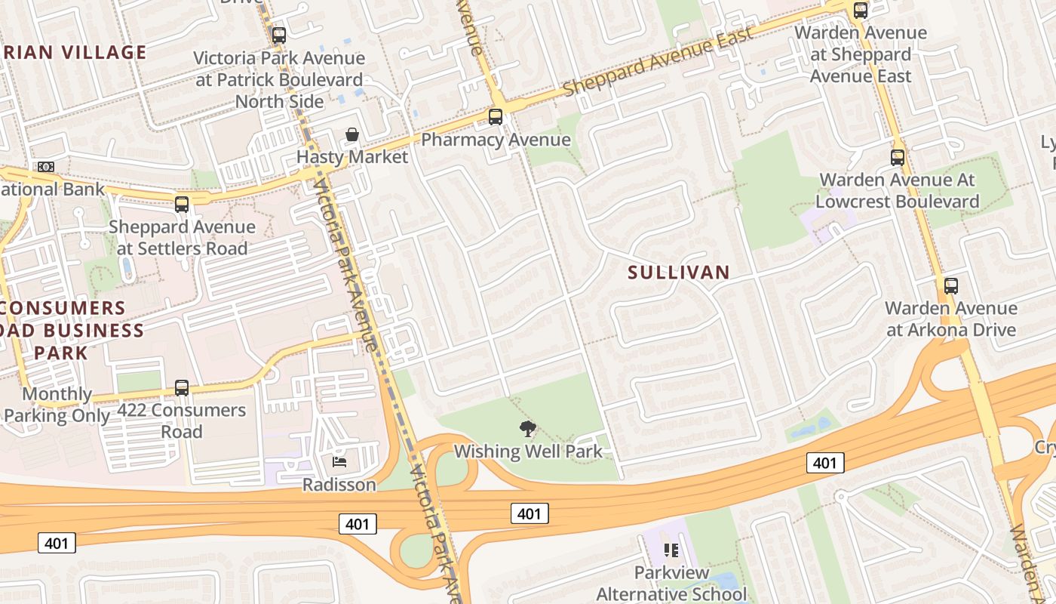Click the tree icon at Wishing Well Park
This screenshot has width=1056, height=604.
click(x=528, y=429)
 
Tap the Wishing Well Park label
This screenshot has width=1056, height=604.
click(x=528, y=451)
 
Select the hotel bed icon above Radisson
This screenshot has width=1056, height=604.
click(x=339, y=461)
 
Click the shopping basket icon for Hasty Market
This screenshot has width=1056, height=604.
click(x=351, y=135)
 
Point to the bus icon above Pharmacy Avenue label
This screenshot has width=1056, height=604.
click(x=496, y=117)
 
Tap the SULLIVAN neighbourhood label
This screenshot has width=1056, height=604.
click(x=679, y=273)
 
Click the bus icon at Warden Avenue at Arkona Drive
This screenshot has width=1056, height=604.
click(x=951, y=286)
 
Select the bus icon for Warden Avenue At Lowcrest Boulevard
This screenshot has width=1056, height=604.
click(x=898, y=158)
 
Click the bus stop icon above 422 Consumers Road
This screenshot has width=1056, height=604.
click(x=182, y=388)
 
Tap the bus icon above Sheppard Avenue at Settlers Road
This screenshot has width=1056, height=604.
click(x=182, y=205)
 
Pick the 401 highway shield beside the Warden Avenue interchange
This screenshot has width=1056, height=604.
click(x=825, y=462)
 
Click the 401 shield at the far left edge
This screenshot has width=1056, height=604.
click(x=57, y=542)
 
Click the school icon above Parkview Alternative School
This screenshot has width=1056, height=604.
click(x=671, y=550)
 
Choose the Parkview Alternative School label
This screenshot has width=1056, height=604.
click(x=671, y=583)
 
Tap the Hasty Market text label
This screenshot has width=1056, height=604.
click(x=351, y=157)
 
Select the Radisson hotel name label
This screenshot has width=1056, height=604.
click(x=339, y=485)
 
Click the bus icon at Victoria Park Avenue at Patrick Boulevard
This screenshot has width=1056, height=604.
click(x=279, y=35)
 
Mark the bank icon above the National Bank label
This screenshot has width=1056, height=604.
click(x=46, y=167)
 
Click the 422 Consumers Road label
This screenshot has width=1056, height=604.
click(x=182, y=421)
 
